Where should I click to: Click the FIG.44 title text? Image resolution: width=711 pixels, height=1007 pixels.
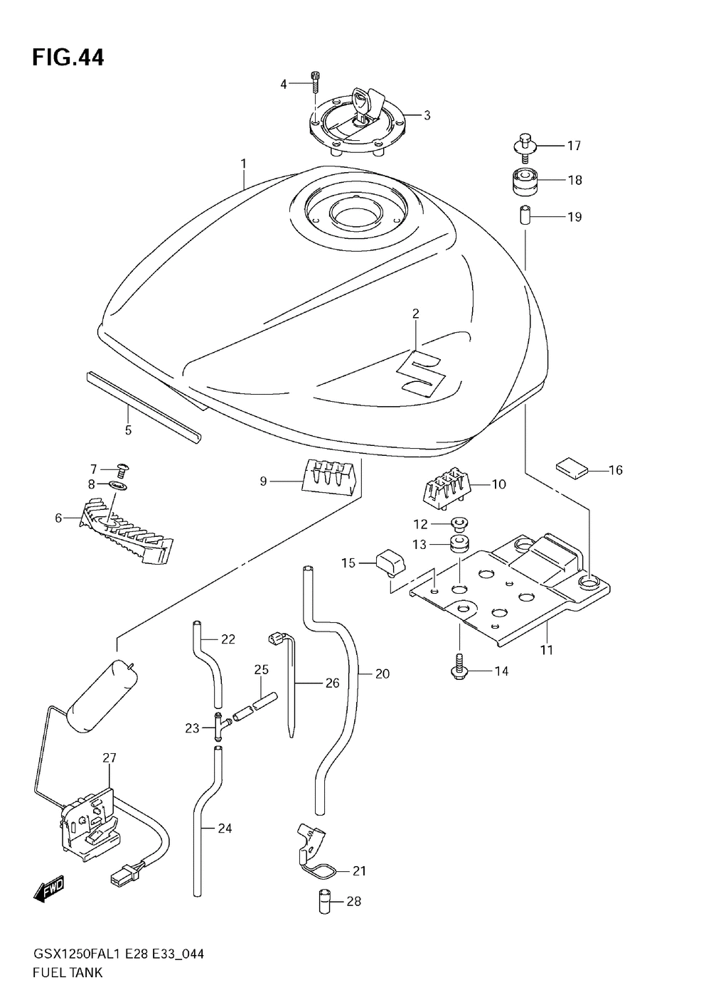(x=68, y=58)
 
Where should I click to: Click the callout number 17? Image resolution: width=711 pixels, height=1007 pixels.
(x=574, y=146)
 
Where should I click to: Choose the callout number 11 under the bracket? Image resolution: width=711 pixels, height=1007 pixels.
(x=546, y=649)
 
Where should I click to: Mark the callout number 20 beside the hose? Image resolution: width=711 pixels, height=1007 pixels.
(x=383, y=673)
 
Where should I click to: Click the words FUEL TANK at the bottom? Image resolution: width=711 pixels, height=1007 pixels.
(x=68, y=972)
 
